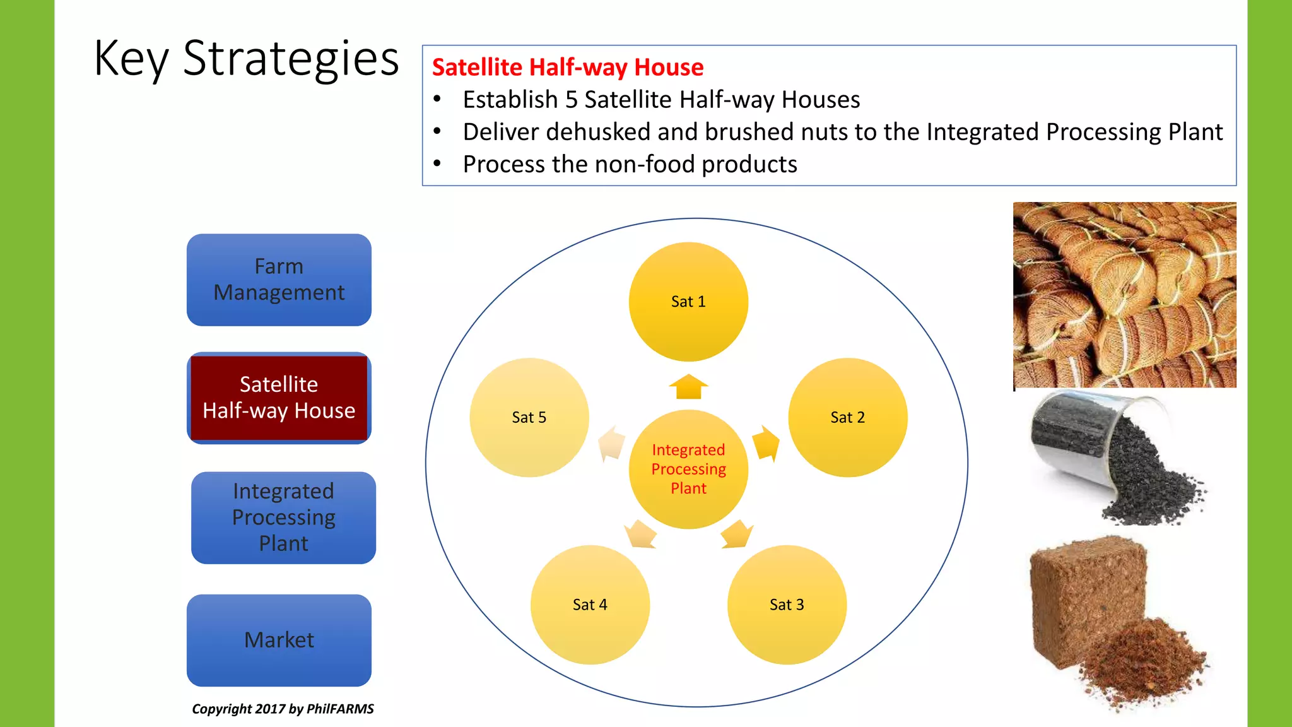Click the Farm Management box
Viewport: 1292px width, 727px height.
pos(279,280)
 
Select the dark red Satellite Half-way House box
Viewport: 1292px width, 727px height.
pos(279,398)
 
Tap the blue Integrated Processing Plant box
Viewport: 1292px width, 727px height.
pos(283,517)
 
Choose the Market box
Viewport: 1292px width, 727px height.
pos(279,640)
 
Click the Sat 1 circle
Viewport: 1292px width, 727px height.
pos(688,302)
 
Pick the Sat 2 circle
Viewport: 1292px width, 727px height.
pos(847,417)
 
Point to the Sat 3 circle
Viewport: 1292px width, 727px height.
pos(787,605)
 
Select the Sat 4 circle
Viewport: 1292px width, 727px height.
pos(590,605)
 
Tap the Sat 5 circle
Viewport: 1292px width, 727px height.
pos(529,417)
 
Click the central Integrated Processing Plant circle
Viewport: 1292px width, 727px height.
pos(688,469)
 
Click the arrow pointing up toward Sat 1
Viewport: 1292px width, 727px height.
pos(688,387)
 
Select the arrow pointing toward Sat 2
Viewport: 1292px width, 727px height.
pos(766,443)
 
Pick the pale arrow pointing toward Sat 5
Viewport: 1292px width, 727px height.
pos(611,444)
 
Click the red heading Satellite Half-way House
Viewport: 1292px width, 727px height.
pos(567,67)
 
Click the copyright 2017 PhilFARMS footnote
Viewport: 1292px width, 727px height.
pos(283,709)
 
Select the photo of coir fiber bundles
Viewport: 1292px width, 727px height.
pos(1124,295)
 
